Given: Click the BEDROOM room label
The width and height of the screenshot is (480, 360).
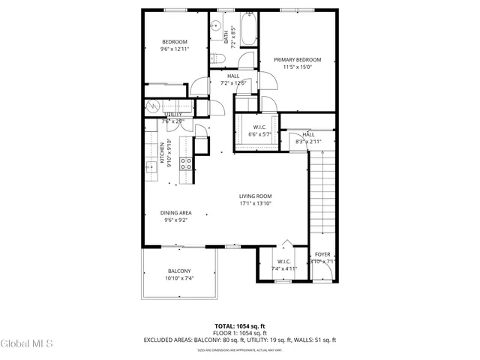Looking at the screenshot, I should click(x=174, y=42).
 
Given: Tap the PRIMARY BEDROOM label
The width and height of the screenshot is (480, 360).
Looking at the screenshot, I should click(x=297, y=60).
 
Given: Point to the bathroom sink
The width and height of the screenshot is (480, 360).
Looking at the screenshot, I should click(x=214, y=23).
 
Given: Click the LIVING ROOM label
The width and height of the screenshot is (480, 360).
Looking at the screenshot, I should click(x=255, y=196).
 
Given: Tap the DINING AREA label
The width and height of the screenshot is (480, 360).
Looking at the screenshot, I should click(x=175, y=213).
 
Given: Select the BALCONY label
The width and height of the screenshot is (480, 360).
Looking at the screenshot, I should click(x=179, y=271).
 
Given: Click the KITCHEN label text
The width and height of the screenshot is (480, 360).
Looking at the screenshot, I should click(x=161, y=152).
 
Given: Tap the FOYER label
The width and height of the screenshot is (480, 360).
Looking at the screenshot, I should click(x=322, y=255).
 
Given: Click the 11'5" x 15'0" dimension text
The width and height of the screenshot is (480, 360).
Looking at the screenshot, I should click(x=297, y=67).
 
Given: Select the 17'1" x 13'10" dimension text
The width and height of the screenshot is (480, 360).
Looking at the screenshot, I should click(x=255, y=204).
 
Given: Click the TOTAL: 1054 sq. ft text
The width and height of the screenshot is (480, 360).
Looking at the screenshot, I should click(x=240, y=326).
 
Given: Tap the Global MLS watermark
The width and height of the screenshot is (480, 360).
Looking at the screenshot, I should click(x=27, y=344).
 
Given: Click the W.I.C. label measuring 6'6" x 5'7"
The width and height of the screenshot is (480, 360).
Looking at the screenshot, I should click(x=261, y=127).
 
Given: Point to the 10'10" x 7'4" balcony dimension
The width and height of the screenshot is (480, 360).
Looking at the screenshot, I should click(x=179, y=279).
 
